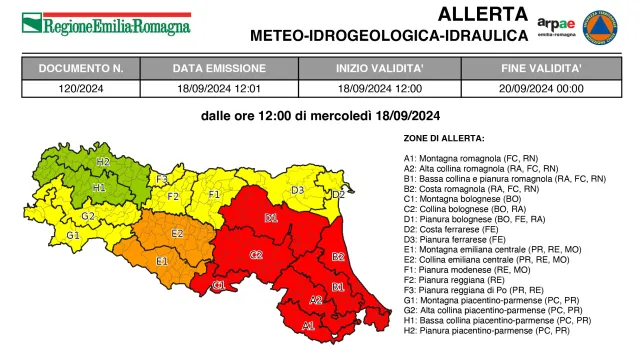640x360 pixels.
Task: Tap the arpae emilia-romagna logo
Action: pos(556,24)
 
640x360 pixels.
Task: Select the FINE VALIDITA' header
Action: pos(542,70)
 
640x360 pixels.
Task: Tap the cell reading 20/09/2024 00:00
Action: pos(542,88)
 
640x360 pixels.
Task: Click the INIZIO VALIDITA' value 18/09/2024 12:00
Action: pos(379,88)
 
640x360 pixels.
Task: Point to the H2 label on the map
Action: pos(103,161)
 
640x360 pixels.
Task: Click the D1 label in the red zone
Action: pos(271,217)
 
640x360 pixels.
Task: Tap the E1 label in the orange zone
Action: pos(161,261)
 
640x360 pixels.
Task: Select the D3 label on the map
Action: pos(297,190)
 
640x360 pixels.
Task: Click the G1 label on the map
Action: pos(73,235)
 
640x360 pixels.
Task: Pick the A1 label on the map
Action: pos(308,325)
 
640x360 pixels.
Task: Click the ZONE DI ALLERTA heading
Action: pos(443,137)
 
